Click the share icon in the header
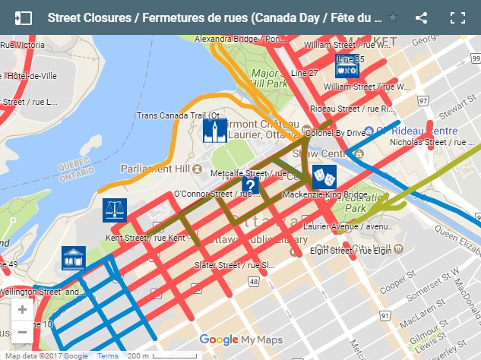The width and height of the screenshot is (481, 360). (x=422, y=17)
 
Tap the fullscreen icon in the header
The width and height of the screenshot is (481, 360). (x=457, y=17)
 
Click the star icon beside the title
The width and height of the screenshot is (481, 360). (x=393, y=17)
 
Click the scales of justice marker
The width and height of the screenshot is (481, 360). (x=114, y=210)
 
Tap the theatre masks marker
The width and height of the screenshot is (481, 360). (x=324, y=177)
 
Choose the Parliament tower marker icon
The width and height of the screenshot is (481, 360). (x=215, y=131)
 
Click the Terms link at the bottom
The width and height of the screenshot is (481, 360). (x=107, y=355)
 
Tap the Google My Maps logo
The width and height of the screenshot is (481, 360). (x=239, y=339)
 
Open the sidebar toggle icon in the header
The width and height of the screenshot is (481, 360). (x=24, y=17)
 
